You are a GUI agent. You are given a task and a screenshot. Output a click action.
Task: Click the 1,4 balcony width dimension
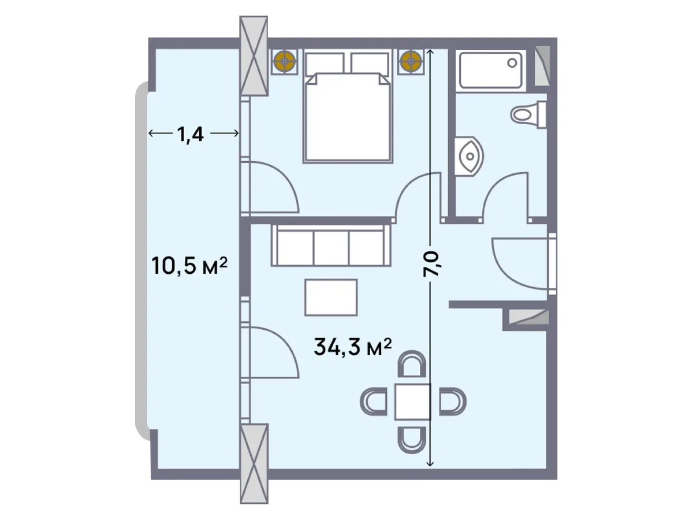tap(191, 134)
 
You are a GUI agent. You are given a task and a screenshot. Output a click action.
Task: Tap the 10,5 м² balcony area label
tap(189, 265)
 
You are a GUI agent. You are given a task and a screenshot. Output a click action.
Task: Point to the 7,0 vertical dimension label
tap(431, 263)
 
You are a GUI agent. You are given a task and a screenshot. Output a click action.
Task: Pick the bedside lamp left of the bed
tap(285, 62)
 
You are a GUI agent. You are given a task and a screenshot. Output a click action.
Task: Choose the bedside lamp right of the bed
tap(411, 62)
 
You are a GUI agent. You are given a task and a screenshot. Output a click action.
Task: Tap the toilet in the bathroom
tap(528, 114)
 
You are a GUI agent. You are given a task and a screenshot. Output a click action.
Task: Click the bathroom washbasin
tap(469, 156)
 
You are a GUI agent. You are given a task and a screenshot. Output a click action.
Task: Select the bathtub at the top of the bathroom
tap(491, 70)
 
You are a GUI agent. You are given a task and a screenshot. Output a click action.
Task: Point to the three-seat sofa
tap(331, 246)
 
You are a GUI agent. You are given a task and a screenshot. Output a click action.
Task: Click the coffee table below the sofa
tap(331, 298)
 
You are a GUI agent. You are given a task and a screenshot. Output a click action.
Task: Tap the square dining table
tap(413, 402)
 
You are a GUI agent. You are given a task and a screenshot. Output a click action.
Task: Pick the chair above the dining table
tap(412, 364)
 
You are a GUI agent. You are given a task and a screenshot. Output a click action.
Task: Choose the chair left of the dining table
tap(374, 402)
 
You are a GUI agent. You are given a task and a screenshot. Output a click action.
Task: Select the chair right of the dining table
tap(453, 402)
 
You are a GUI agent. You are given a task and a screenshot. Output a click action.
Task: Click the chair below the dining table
tap(412, 440)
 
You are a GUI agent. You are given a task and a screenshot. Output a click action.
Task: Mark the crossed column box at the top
tap(254, 56)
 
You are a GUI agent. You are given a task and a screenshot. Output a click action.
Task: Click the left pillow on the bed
tap(325, 64)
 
